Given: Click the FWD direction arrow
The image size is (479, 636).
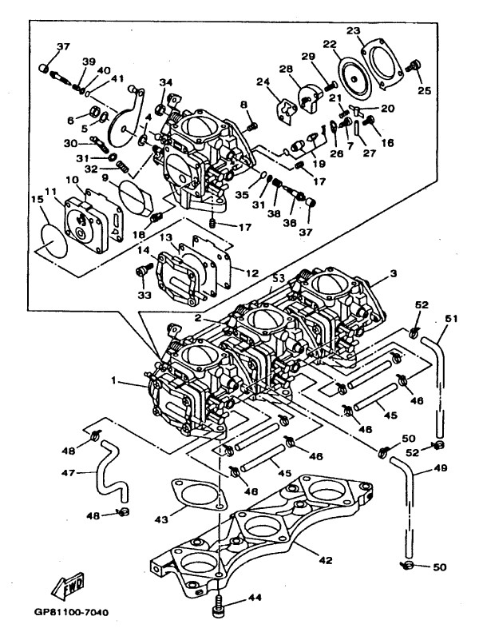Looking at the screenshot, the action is [67, 586].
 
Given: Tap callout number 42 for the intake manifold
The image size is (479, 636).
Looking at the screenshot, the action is [326, 560].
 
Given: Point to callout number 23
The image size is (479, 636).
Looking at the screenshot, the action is [354, 31].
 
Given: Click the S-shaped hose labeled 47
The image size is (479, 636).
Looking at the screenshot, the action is [112, 471].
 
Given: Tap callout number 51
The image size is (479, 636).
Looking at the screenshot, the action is [451, 319].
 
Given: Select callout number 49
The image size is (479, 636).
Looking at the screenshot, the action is [440, 467].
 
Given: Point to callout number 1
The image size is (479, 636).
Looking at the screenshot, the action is [114, 380].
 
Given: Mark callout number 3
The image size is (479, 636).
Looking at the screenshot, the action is [393, 274].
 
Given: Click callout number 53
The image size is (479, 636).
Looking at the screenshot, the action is [278, 278].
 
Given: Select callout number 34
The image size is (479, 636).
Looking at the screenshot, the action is [165, 83].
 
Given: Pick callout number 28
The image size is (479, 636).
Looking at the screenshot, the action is [286, 70].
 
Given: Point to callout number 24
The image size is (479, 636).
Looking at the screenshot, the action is [263, 82].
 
